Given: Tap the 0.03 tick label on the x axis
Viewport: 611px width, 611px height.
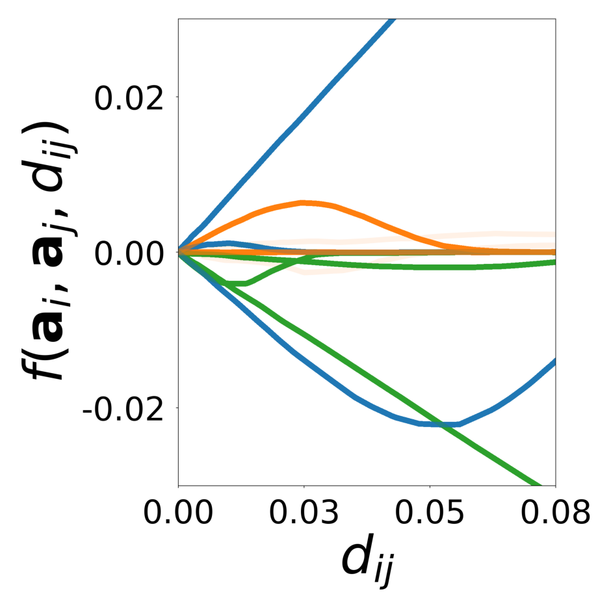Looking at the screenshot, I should click(x=304, y=513).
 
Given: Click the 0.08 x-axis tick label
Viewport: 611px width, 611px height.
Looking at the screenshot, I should click(x=555, y=513).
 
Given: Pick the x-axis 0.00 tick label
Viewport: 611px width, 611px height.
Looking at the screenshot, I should click(x=179, y=513).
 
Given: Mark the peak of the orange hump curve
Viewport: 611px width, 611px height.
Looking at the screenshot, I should click(x=304, y=202).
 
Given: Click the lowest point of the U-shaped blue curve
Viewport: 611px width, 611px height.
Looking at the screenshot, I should click(x=442, y=424).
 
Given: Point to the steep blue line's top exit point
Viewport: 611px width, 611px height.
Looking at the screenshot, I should click(x=393, y=20).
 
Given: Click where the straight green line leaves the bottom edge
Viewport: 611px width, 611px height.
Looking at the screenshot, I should click(x=539, y=485).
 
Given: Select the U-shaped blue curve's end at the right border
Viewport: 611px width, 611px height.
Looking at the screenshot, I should click(x=554, y=360).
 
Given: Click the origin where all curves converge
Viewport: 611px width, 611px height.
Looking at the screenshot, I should click(x=179, y=252).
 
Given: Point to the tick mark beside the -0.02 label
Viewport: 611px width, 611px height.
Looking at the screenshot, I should click(x=175, y=408).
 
